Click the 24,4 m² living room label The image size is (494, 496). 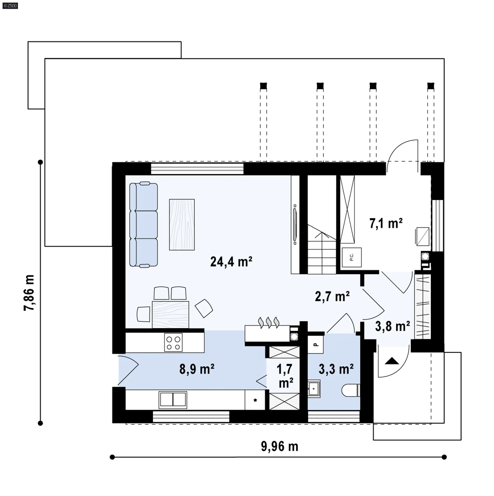[231, 262]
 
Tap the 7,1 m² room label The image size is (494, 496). [386, 223]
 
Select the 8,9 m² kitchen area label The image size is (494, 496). [197, 369]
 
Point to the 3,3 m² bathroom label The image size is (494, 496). [336, 369]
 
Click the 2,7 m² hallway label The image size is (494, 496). [332, 296]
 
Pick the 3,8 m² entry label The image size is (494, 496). [393, 326]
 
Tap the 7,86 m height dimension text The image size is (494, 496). [29, 293]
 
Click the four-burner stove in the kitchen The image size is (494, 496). [173, 342]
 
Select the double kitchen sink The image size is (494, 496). [173, 400]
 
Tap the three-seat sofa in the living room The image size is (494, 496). [143, 224]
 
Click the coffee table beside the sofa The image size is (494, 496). [182, 225]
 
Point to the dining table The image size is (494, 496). [170, 314]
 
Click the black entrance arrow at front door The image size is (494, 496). [392, 361]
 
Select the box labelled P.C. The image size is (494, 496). [352, 257]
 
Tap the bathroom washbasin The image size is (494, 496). [314, 388]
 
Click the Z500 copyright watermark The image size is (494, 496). [10, 6]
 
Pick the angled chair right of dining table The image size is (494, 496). [204, 308]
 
